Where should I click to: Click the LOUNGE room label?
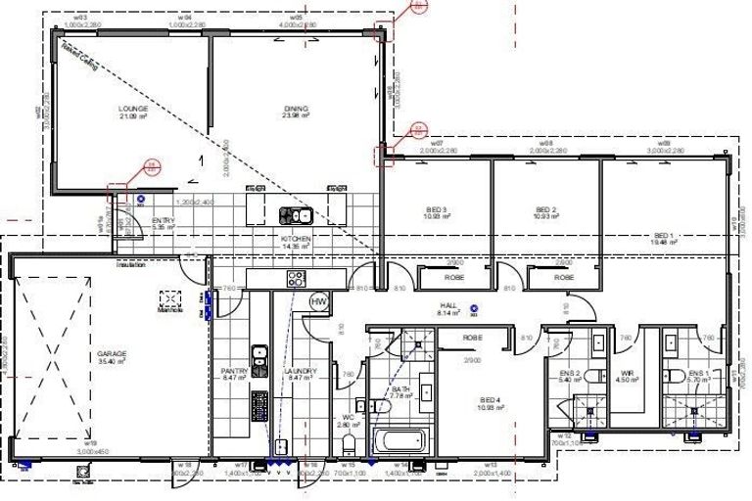pos(132,109)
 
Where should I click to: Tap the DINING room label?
pos(296,109)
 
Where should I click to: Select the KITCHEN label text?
pos(296,239)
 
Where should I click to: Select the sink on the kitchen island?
pos(295,213)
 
